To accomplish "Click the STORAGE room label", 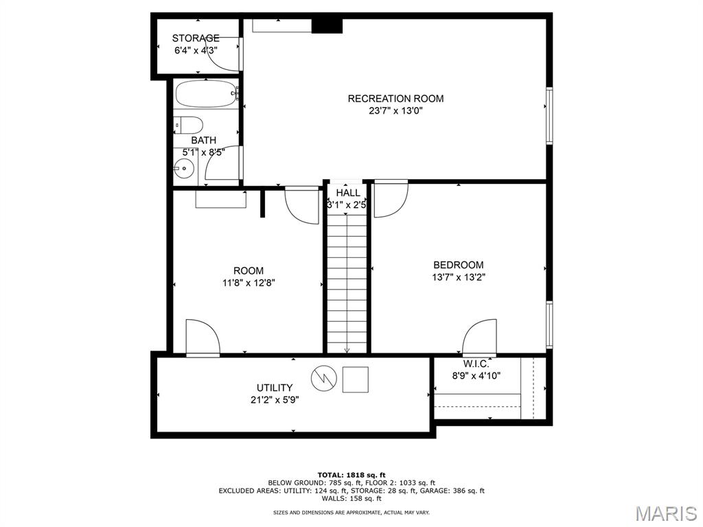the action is [196, 38].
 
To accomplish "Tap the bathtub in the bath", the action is [206, 93].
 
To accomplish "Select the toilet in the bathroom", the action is [189, 125].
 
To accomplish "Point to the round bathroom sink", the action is [183, 169].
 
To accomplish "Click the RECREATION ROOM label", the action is [396, 99].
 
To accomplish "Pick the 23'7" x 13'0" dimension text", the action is [396, 110].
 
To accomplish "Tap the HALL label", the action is [348, 193].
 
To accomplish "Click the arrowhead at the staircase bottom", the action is [347, 351].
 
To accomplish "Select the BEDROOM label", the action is [459, 265].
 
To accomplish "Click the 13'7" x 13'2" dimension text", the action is [459, 277].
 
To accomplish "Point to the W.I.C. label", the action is [476, 364].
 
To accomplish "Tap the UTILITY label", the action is [275, 388].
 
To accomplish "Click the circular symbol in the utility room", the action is [324, 379].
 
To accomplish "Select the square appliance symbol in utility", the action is [356, 379].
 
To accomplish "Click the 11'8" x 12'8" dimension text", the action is [249, 283].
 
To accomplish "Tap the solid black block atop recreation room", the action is [327, 25].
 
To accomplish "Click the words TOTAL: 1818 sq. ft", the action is [351, 475].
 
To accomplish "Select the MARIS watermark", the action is [667, 513].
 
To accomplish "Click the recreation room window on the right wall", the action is [549, 115].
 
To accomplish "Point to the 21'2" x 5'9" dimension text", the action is [275, 400].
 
